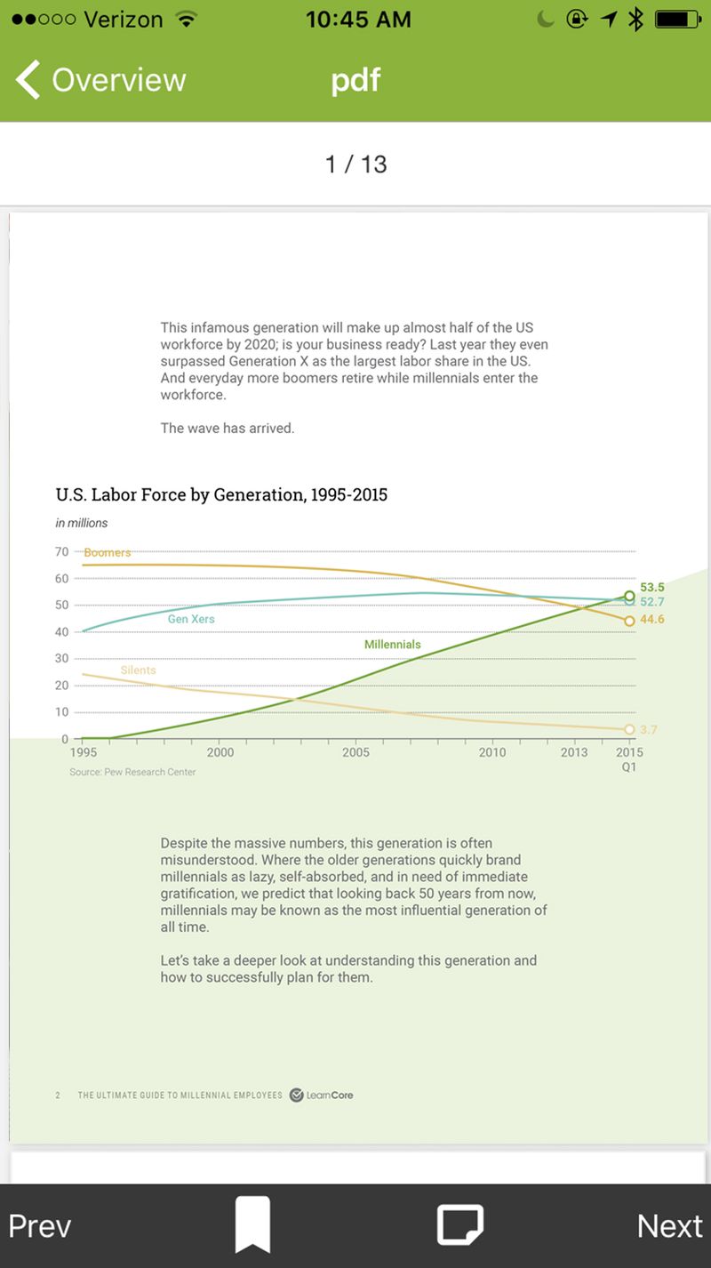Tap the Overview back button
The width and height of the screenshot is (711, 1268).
coord(100,80)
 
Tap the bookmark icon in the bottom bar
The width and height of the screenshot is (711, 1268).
coord(252,1224)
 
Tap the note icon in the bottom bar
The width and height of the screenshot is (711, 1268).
coord(459,1224)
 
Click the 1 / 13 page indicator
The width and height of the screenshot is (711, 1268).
coord(355,165)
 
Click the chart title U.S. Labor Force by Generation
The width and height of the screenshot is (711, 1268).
coord(221,494)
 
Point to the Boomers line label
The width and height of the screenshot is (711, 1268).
coord(108,552)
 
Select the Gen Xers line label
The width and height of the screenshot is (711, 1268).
coord(191,619)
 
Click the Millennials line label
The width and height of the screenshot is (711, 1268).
coord(393,644)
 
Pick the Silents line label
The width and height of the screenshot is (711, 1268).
coord(138,670)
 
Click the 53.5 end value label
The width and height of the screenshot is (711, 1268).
coord(652,587)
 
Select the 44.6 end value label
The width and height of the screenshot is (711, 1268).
coord(652,619)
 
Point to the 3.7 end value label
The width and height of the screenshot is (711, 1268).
coord(648,730)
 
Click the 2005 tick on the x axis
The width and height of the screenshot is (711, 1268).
coord(355,752)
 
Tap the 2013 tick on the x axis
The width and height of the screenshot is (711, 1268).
coord(574,752)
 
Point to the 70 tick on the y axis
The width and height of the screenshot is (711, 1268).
coord(61,552)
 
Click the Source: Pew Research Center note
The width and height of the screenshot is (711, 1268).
coord(132,772)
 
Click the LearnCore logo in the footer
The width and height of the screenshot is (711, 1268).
coord(321,1095)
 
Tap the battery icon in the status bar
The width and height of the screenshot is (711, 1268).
coord(677,20)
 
